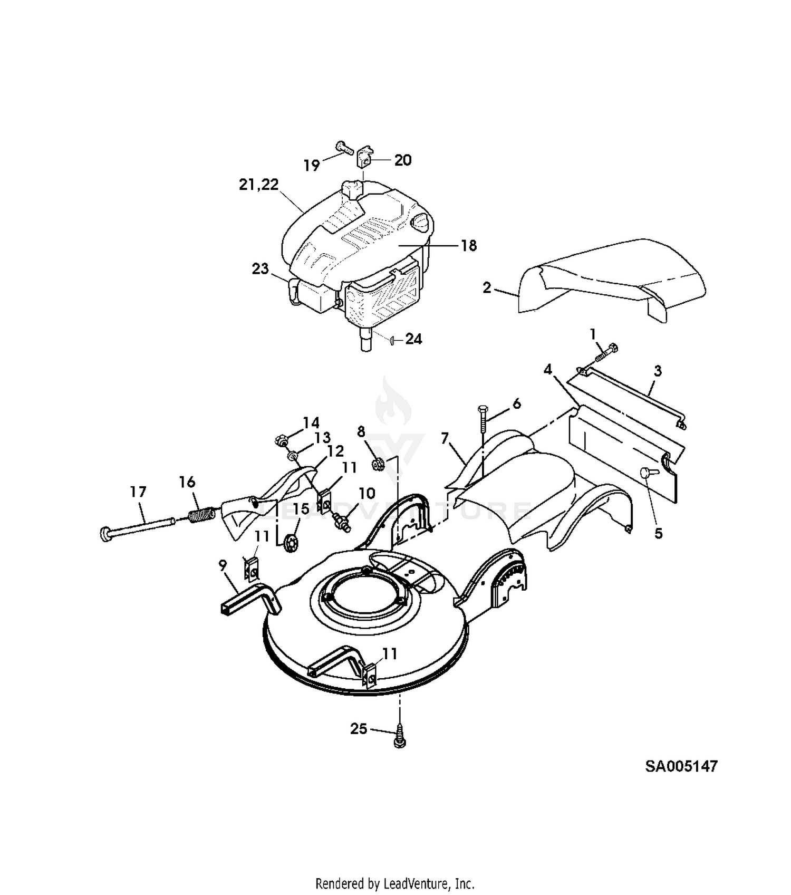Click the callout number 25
point(359,729)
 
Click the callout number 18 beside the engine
point(469,246)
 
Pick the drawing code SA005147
point(681,766)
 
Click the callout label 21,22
point(259,185)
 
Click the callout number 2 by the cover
point(487,288)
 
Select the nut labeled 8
point(377,464)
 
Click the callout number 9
point(223,565)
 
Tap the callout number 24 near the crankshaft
point(414,339)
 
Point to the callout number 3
point(658,371)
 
